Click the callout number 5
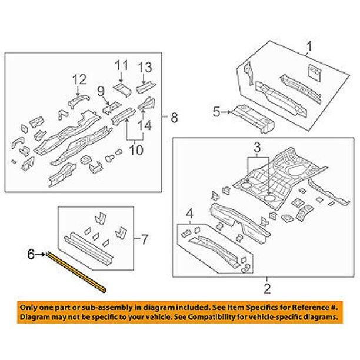pos(215,110)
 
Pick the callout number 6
pos(31,254)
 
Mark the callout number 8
pos(173,117)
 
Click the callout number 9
pos(100,91)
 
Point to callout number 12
pos(79,79)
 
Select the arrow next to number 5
pos(226,110)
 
